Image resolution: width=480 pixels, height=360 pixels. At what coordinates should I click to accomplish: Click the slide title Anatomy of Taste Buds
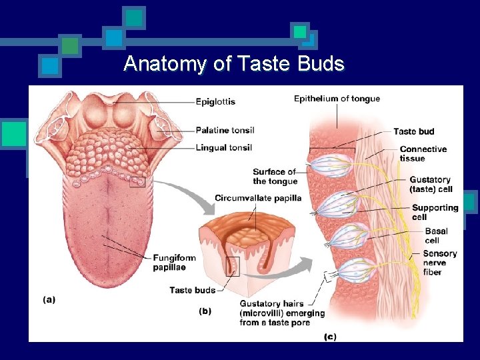(234, 64)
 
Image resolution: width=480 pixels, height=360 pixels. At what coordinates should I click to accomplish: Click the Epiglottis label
(215, 102)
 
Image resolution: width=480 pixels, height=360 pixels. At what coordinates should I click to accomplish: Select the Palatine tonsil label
(225, 130)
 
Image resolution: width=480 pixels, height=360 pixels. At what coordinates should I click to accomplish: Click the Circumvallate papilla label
(258, 198)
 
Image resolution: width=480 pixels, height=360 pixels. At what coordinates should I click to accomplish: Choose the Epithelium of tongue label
(337, 99)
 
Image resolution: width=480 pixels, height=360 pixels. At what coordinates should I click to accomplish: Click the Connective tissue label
(423, 154)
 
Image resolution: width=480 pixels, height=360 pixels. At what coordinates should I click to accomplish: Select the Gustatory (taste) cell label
(430, 184)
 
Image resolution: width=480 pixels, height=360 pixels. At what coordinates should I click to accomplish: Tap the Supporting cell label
(435, 212)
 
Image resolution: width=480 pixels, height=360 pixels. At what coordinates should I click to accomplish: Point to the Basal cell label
(436, 235)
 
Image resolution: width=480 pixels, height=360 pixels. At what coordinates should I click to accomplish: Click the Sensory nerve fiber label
(439, 263)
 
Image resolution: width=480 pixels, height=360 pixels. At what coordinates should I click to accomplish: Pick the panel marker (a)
(49, 300)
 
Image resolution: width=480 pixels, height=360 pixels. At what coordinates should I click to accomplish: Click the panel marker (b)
(205, 311)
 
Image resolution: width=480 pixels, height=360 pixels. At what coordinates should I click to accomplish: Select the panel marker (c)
(329, 337)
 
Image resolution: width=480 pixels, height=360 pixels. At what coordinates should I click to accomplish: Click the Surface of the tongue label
(275, 177)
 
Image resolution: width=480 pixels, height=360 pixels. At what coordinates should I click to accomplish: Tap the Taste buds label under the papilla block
(192, 290)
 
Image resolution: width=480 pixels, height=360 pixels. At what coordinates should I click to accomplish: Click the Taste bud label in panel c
(413, 132)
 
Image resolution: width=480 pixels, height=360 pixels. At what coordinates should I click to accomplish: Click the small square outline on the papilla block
(233, 267)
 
